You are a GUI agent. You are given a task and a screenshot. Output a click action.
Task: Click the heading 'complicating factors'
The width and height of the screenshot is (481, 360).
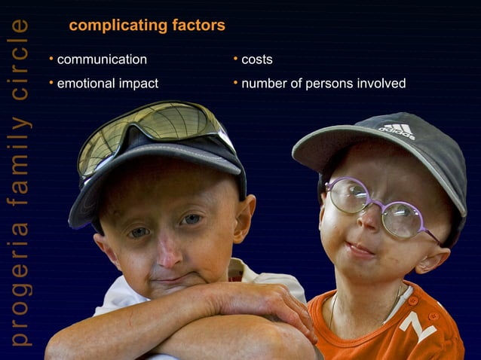pos(146,26)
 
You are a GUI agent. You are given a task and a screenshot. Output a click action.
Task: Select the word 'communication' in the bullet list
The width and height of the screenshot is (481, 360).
pos(102,59)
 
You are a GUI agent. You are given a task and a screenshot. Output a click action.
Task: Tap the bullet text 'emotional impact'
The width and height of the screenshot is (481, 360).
pos(107,84)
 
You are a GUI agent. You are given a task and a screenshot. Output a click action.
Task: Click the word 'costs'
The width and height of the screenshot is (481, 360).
pos(256,59)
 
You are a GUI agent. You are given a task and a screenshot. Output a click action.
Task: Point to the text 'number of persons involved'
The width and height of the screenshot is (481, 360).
pos(323,84)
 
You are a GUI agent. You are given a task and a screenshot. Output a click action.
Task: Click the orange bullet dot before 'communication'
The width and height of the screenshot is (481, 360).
pos(51,59)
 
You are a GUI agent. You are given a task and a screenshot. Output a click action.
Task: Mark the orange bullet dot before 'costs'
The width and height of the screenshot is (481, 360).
pos(235,59)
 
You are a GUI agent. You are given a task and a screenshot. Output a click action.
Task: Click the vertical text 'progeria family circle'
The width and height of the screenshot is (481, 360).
pos(20,181)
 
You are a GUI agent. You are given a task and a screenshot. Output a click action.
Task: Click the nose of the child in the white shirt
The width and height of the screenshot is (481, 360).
pos(169,252)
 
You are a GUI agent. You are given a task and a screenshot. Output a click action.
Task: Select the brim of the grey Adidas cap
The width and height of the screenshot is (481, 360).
pos(332,151)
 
